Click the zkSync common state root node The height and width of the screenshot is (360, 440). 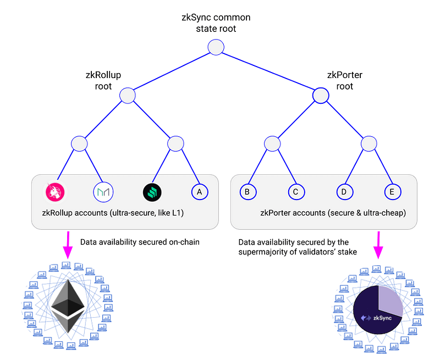(216, 48)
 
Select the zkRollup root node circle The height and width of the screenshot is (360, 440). (128, 96)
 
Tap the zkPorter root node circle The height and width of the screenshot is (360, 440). (321, 96)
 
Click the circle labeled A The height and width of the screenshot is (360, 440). (200, 191)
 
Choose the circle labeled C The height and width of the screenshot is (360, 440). (296, 191)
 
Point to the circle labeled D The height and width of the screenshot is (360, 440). (344, 191)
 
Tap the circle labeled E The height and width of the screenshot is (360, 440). (392, 191)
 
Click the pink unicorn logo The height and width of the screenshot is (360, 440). (55, 191)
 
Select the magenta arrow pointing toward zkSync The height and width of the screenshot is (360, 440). (378, 246)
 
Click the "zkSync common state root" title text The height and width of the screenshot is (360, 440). (216, 23)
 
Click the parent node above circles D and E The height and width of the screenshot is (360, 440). (369, 143)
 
